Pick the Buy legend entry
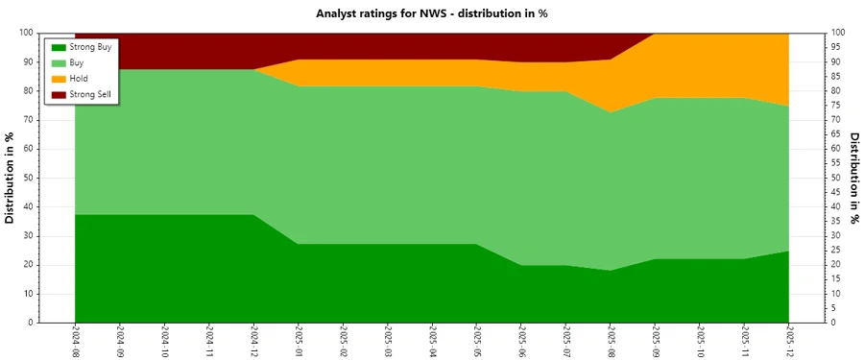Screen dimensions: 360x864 [76, 62]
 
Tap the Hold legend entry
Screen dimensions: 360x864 [78, 78]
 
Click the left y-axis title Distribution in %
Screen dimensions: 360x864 [11, 178]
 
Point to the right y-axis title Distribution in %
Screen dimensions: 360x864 [853, 178]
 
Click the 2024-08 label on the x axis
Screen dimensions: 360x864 [75, 341]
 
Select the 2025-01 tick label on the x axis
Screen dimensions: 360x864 [299, 341]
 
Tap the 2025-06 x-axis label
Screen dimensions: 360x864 [521, 341]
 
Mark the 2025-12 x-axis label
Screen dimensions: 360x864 [789, 341]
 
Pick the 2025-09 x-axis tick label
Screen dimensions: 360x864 [656, 341]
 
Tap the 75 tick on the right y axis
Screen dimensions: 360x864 [835, 106]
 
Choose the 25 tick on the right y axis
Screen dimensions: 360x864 [835, 251]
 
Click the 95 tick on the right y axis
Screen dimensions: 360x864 [835, 47]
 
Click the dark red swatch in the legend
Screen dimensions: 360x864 [58, 93]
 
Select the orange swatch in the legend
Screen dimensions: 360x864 [58, 78]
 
